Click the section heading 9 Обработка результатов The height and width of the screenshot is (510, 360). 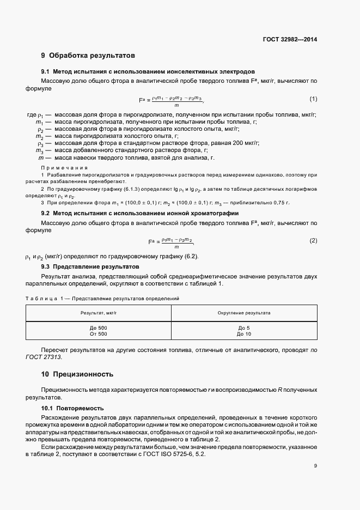[88, 56]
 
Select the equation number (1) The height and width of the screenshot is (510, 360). [313, 99]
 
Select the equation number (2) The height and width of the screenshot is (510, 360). [313, 240]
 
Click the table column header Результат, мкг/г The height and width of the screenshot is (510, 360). [99, 313]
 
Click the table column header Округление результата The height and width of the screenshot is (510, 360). [243, 313]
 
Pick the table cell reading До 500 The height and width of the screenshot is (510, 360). [99, 327]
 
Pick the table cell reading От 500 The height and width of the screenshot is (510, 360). [99, 333]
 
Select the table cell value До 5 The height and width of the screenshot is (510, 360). [243, 327]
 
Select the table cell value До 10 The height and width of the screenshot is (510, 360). [244, 333]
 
